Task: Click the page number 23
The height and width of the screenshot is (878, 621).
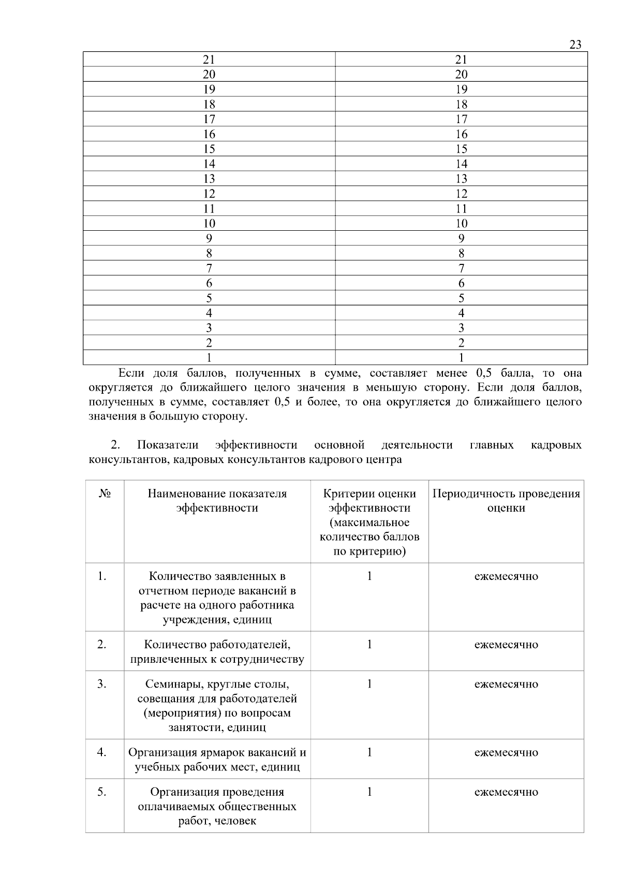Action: point(575,44)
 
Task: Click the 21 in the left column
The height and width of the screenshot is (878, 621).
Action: point(209,59)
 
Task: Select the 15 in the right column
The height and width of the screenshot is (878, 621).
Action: point(461,149)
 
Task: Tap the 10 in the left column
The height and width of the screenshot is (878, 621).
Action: point(209,224)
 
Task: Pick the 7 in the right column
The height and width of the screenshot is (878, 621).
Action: point(461,269)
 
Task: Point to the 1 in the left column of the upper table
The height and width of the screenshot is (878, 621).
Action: point(209,358)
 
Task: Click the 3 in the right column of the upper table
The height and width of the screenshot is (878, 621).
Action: point(461,328)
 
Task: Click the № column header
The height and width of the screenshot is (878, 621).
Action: point(105,494)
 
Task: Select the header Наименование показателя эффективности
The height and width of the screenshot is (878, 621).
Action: point(217,501)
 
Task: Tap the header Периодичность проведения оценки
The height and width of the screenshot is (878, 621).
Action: point(506,501)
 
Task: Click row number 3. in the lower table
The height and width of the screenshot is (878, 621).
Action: point(102,684)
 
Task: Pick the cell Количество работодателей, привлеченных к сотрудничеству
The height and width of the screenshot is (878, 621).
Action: point(217,652)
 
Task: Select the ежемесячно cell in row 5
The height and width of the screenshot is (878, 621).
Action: point(506,792)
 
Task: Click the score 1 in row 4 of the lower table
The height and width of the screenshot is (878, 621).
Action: point(369,752)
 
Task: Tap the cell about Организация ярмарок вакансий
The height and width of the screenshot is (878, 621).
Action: point(217,760)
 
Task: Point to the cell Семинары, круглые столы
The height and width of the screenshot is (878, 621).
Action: point(217,706)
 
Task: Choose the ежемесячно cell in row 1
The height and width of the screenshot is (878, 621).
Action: point(506,576)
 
